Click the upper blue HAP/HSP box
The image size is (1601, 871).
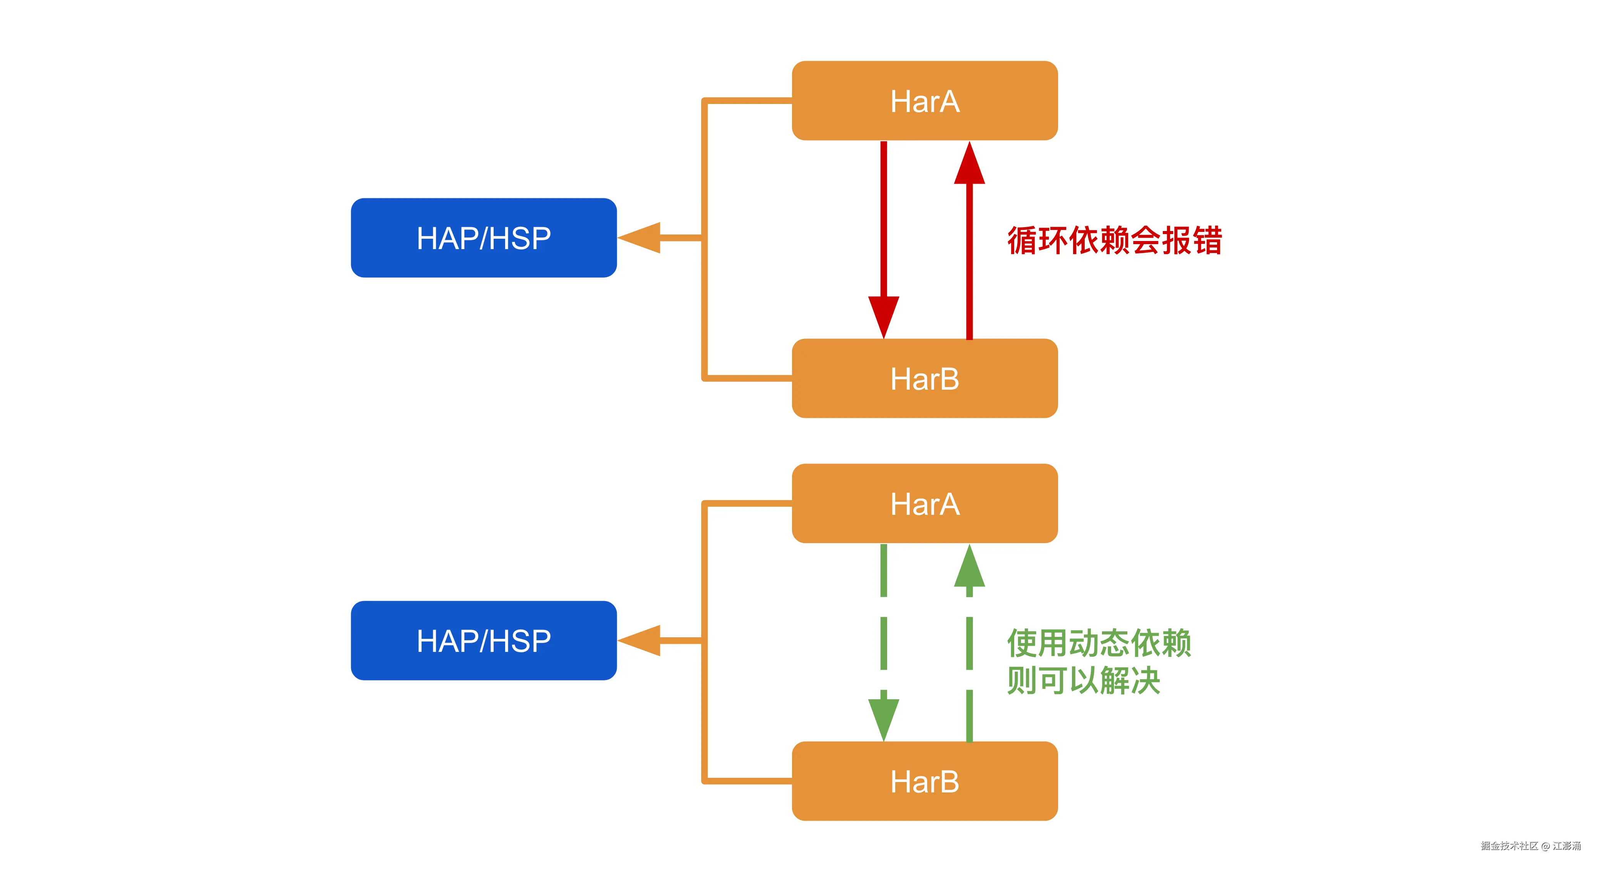click(x=484, y=238)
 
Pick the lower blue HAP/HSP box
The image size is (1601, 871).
click(x=484, y=640)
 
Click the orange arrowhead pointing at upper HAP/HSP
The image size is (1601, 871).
click(x=640, y=238)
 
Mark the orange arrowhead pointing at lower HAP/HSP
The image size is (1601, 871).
click(x=640, y=640)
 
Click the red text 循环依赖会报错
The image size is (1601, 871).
click(x=1114, y=241)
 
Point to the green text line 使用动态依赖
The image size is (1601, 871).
click(x=1099, y=643)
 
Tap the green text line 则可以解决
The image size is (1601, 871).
click(x=1083, y=680)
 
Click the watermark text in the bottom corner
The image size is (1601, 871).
click(x=1530, y=846)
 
